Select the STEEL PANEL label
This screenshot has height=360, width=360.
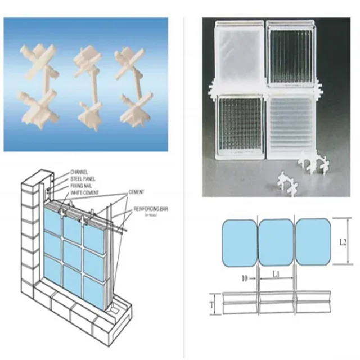[83, 179]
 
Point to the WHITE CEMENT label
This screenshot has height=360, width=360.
[85, 193]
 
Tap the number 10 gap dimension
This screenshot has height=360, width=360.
[245, 278]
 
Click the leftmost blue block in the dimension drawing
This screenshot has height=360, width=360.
[239, 242]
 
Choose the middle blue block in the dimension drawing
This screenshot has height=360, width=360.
[276, 242]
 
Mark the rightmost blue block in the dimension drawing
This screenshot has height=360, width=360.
[312, 242]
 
